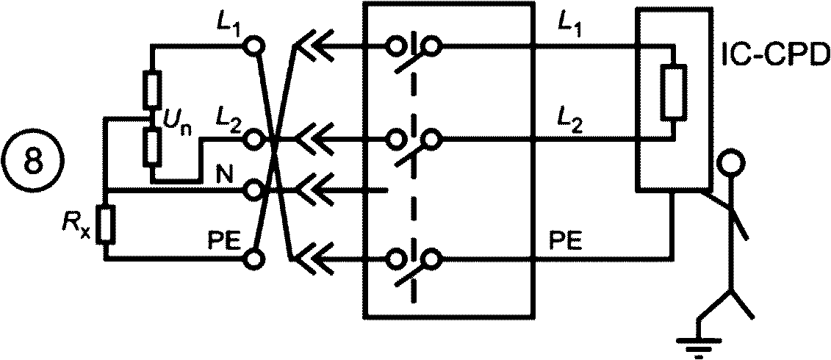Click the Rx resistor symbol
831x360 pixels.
click(107, 226)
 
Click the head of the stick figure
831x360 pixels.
click(731, 162)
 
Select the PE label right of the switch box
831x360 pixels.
click(565, 242)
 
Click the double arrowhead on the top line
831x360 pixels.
click(314, 47)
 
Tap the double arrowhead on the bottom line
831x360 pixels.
click(314, 259)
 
